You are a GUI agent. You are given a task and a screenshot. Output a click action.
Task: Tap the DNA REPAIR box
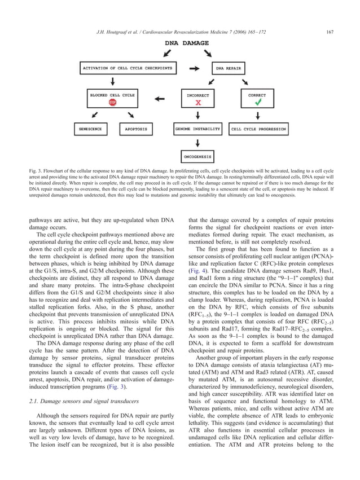(227, 69)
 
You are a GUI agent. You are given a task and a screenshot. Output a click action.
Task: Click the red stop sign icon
(113, 103)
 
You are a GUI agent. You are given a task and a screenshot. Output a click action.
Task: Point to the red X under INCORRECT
(198, 104)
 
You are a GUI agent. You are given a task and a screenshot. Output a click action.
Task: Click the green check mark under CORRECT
(257, 103)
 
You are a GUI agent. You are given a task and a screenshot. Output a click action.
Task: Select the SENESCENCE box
(90, 129)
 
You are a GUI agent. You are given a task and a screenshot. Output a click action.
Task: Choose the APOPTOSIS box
(135, 129)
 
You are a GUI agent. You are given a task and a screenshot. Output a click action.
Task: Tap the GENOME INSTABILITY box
(197, 129)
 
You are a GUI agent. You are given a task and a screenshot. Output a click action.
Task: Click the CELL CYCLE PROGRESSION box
(258, 129)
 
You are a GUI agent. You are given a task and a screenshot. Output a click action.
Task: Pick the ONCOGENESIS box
(197, 156)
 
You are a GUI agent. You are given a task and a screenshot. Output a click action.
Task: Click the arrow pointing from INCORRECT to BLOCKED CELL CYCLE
(160, 99)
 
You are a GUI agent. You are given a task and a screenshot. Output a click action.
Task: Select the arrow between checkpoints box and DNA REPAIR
(194, 69)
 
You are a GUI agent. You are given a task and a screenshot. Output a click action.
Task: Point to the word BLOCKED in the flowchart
(99, 95)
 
